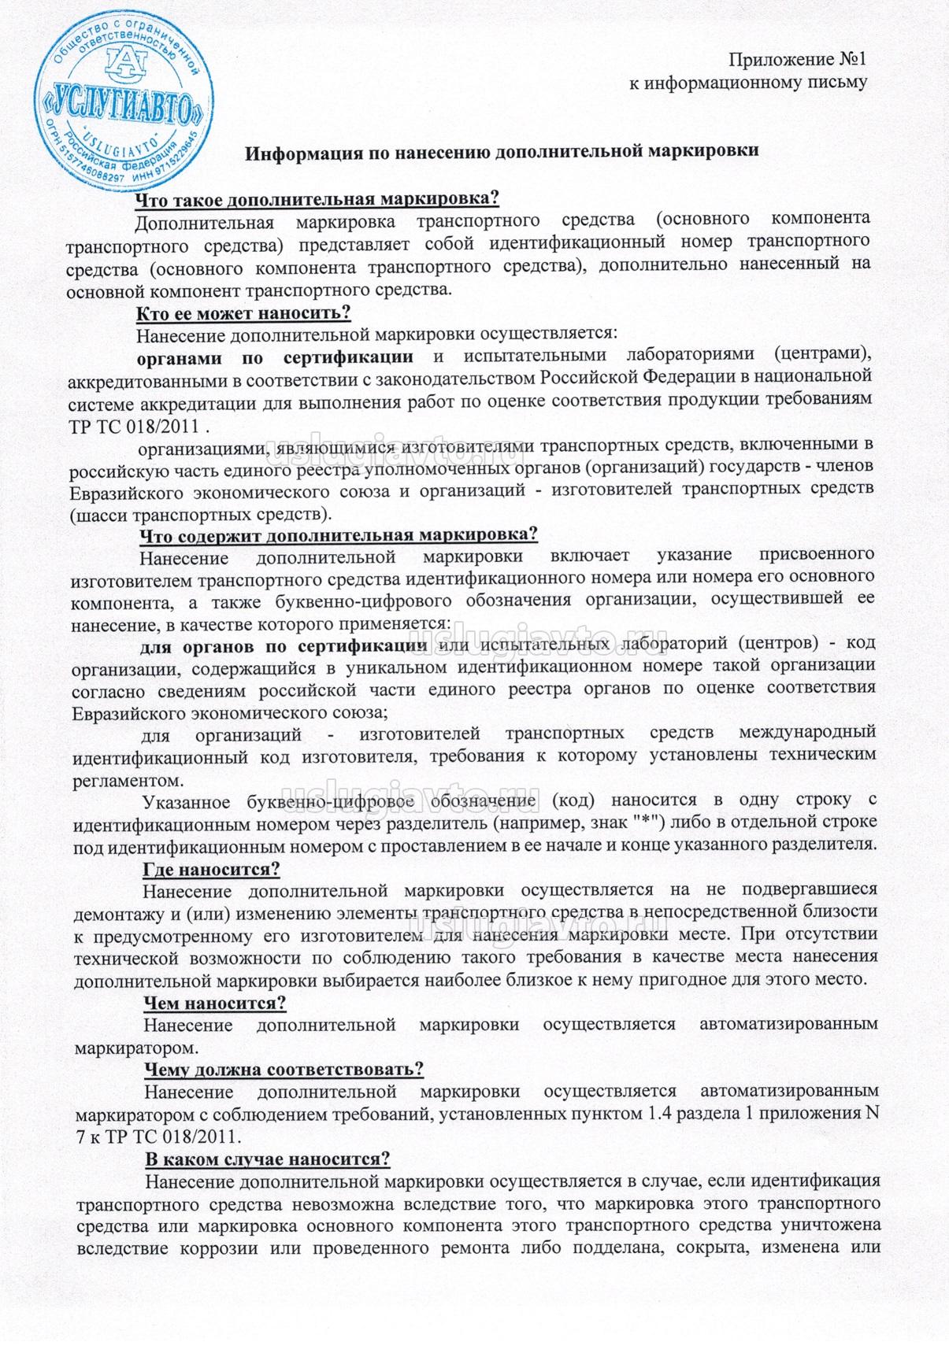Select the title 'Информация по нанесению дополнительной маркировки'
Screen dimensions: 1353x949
[502, 152]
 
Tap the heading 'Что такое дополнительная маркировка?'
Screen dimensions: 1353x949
[317, 197]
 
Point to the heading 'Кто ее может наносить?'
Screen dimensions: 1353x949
[243, 313]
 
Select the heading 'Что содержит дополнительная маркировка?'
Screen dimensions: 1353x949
[338, 535]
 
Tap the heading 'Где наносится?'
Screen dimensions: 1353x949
[211, 869]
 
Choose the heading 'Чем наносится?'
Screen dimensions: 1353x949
[213, 1004]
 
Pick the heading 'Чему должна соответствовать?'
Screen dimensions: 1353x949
[284, 1070]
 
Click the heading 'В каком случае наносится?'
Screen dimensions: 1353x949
[267, 1160]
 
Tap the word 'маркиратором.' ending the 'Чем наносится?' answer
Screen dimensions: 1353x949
[133, 1048]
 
